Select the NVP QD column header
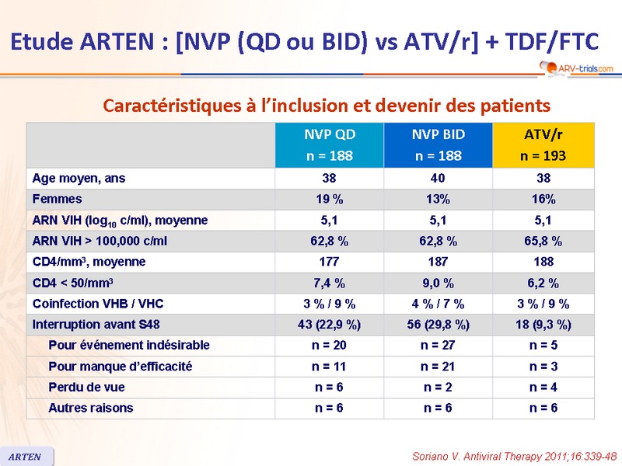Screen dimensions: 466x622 pyautogui.click(x=329, y=145)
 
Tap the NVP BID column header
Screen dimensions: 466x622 pyautogui.click(x=438, y=145)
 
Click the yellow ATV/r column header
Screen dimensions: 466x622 pyautogui.click(x=543, y=145)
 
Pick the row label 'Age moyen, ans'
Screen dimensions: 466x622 pyautogui.click(x=79, y=179)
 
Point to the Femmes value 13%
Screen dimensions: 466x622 pyautogui.click(x=438, y=200)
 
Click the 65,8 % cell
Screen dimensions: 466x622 pyautogui.click(x=543, y=242)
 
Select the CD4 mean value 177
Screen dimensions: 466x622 pyautogui.click(x=329, y=263)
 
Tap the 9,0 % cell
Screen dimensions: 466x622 pyautogui.click(x=438, y=283)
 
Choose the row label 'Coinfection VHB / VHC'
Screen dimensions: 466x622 pyautogui.click(x=99, y=304)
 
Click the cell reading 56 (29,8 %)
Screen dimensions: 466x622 pyautogui.click(x=438, y=325)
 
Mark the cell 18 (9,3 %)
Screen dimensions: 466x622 pyautogui.click(x=543, y=325)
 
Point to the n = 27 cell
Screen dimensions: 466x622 pyautogui.click(x=438, y=346)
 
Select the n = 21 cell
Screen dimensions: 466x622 pyautogui.click(x=438, y=367)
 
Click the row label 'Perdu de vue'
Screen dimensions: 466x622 pyautogui.click(x=86, y=388)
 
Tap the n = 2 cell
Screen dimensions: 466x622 pyautogui.click(x=438, y=388)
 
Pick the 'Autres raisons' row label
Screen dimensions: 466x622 pyautogui.click(x=90, y=408)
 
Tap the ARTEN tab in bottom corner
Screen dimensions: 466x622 pyautogui.click(x=26, y=456)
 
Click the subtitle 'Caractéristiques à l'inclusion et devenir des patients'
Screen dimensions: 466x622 pyautogui.click(x=327, y=105)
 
